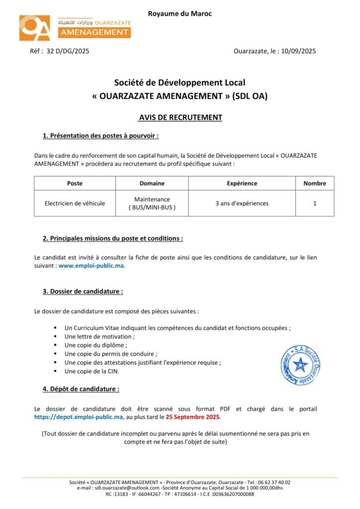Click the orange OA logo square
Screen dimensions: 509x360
tap(35, 28)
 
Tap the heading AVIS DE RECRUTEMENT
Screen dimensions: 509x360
tap(180, 118)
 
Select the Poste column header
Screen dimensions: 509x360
tap(75, 183)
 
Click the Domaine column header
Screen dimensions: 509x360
tap(152, 183)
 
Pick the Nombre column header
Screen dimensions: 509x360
tap(315, 183)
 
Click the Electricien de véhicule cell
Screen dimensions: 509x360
tap(75, 203)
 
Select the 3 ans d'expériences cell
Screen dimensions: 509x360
tap(242, 203)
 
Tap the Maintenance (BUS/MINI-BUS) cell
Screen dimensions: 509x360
tap(152, 203)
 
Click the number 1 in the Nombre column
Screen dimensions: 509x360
tap(315, 203)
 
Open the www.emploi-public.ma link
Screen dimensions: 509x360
tap(91, 265)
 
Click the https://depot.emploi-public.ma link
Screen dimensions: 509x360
tap(79, 417)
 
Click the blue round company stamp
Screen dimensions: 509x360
tap(300, 366)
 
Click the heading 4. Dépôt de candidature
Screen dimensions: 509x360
tap(81, 389)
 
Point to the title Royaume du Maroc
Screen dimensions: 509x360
tap(180, 13)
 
